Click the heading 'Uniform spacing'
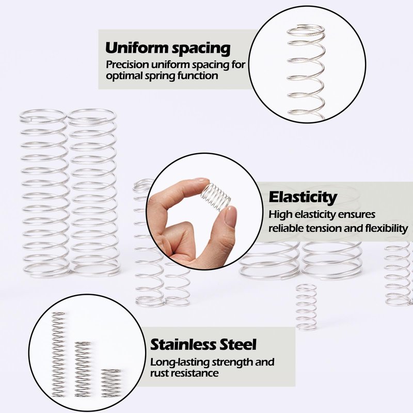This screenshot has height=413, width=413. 168,49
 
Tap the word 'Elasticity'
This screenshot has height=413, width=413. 303,197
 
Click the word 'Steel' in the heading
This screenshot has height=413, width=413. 236,344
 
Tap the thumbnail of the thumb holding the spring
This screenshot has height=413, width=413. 231,216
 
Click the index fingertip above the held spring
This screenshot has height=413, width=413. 202,181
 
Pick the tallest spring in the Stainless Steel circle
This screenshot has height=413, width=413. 58,354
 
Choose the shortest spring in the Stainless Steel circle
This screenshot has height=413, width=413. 110,383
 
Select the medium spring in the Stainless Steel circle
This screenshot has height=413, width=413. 83,369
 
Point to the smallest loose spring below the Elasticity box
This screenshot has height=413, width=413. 306,307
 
